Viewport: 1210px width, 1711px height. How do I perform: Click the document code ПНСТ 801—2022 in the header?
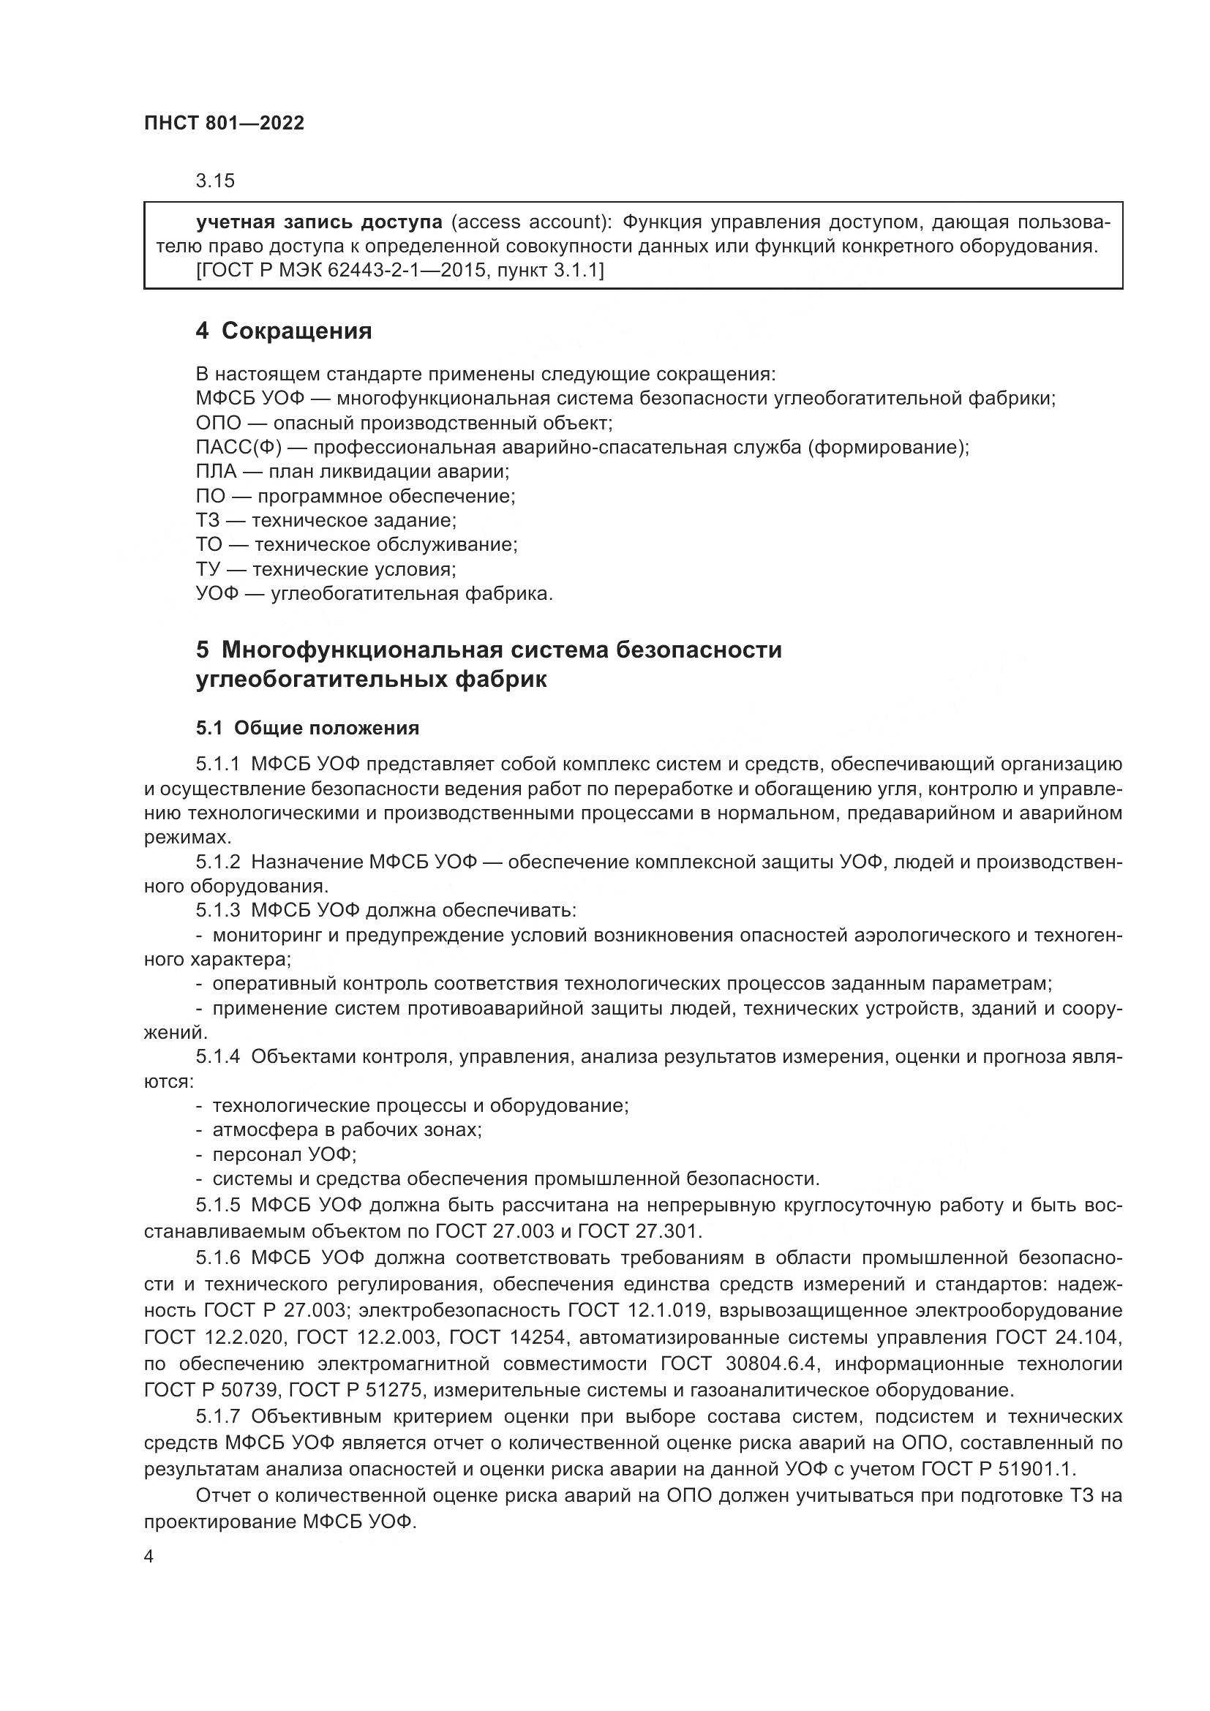[x=225, y=124]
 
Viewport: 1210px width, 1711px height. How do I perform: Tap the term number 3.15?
[x=215, y=181]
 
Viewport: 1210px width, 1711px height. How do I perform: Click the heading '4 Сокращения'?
[x=284, y=331]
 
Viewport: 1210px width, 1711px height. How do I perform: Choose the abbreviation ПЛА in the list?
[x=216, y=472]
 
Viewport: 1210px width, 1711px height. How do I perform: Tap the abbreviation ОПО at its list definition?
[x=218, y=424]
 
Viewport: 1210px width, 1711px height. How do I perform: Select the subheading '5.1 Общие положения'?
[x=308, y=728]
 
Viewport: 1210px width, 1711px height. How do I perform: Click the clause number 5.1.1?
[x=218, y=764]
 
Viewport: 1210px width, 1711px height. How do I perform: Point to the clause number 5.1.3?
[x=218, y=911]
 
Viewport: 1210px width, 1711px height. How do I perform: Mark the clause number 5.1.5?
[x=218, y=1206]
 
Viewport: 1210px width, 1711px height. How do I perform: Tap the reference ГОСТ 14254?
[x=503, y=1338]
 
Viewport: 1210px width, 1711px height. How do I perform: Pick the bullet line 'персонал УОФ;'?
[x=284, y=1155]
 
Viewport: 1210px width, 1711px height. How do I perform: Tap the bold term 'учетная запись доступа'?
[x=319, y=222]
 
